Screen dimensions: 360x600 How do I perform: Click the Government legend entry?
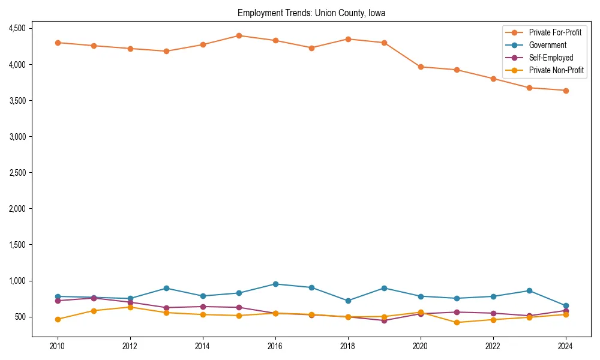point(547,45)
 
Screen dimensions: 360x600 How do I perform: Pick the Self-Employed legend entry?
point(551,58)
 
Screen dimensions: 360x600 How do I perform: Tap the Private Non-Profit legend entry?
point(556,70)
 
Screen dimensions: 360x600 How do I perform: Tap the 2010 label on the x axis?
point(58,346)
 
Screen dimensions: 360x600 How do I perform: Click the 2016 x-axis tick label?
point(275,346)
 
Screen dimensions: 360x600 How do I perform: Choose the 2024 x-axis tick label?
point(565,346)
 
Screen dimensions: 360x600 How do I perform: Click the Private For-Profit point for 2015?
point(239,35)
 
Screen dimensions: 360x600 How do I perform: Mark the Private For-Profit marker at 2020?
point(420,67)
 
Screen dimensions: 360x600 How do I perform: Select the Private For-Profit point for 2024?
point(565,91)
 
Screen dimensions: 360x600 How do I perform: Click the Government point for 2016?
point(275,284)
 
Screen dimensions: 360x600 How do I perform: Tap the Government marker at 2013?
point(166,288)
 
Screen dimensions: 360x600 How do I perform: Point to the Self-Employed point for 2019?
point(384,320)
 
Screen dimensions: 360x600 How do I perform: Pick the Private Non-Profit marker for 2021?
point(457,322)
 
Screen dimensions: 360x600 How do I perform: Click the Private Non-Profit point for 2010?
point(58,319)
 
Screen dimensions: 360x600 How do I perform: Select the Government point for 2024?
point(565,305)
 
